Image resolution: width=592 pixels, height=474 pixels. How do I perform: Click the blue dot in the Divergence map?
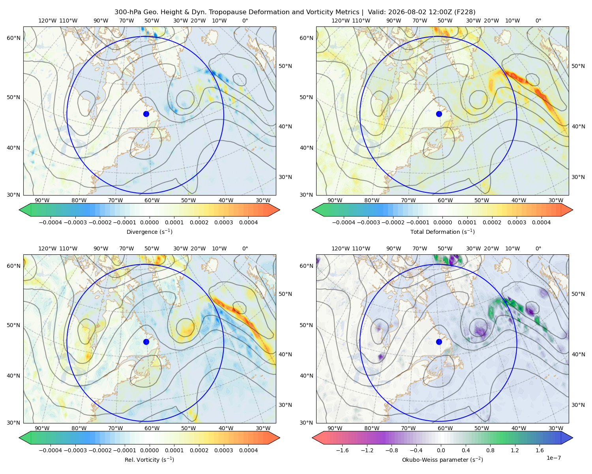tap(146, 114)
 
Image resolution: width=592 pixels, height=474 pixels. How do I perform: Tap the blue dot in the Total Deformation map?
tap(439, 114)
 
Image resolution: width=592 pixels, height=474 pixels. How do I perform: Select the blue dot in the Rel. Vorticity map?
tap(146, 342)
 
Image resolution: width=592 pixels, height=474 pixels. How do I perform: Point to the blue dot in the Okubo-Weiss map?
tap(439, 342)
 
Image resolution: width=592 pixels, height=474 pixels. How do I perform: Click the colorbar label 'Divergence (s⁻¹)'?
tap(149, 231)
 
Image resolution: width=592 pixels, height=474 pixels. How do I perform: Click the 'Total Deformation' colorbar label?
tap(442, 231)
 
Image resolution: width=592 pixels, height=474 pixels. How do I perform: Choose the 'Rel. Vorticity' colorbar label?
tap(149, 459)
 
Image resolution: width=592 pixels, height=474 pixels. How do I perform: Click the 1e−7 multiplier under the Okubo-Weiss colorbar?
tap(553, 458)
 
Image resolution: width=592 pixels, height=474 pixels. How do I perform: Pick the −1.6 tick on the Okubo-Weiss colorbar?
tap(342, 450)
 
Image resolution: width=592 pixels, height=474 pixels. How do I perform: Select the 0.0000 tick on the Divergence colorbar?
tap(149, 222)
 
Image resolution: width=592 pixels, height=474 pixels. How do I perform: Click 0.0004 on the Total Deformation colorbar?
tap(541, 222)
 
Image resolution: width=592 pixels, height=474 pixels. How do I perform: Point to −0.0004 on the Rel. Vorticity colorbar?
tap(51, 450)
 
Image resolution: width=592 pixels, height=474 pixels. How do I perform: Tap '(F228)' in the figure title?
tap(465, 12)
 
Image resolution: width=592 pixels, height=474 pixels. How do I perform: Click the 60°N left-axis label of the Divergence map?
tap(13, 38)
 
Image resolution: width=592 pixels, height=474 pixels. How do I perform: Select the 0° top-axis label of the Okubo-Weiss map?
tap(538, 248)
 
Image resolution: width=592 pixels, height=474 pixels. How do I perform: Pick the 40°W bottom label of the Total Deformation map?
tap(519, 200)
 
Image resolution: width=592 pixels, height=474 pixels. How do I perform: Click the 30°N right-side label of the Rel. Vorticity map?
tap(285, 404)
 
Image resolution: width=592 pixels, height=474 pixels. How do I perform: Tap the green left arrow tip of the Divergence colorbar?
tap(19, 210)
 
